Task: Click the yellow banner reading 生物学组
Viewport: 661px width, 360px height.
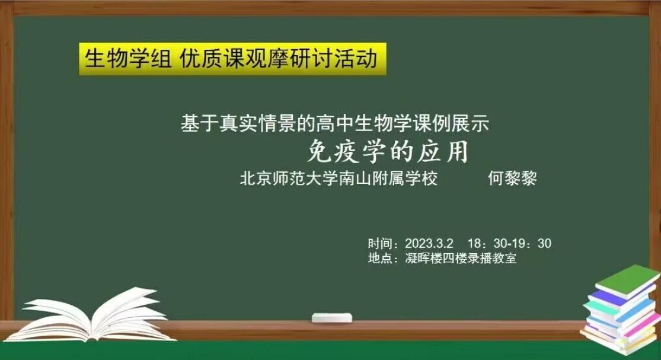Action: pos(233,59)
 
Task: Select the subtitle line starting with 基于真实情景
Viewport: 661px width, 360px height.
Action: pos(335,123)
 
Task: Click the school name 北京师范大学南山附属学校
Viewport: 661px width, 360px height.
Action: pos(339,179)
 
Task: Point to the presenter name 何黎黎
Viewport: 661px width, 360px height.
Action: pos(512,179)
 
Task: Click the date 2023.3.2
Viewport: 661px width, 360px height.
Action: pos(429,243)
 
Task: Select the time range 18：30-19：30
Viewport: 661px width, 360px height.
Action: pos(509,243)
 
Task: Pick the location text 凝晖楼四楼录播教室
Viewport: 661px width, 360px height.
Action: pos(461,257)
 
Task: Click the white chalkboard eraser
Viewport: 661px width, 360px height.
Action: pos(332,318)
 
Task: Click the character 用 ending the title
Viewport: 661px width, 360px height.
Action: pos(458,151)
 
